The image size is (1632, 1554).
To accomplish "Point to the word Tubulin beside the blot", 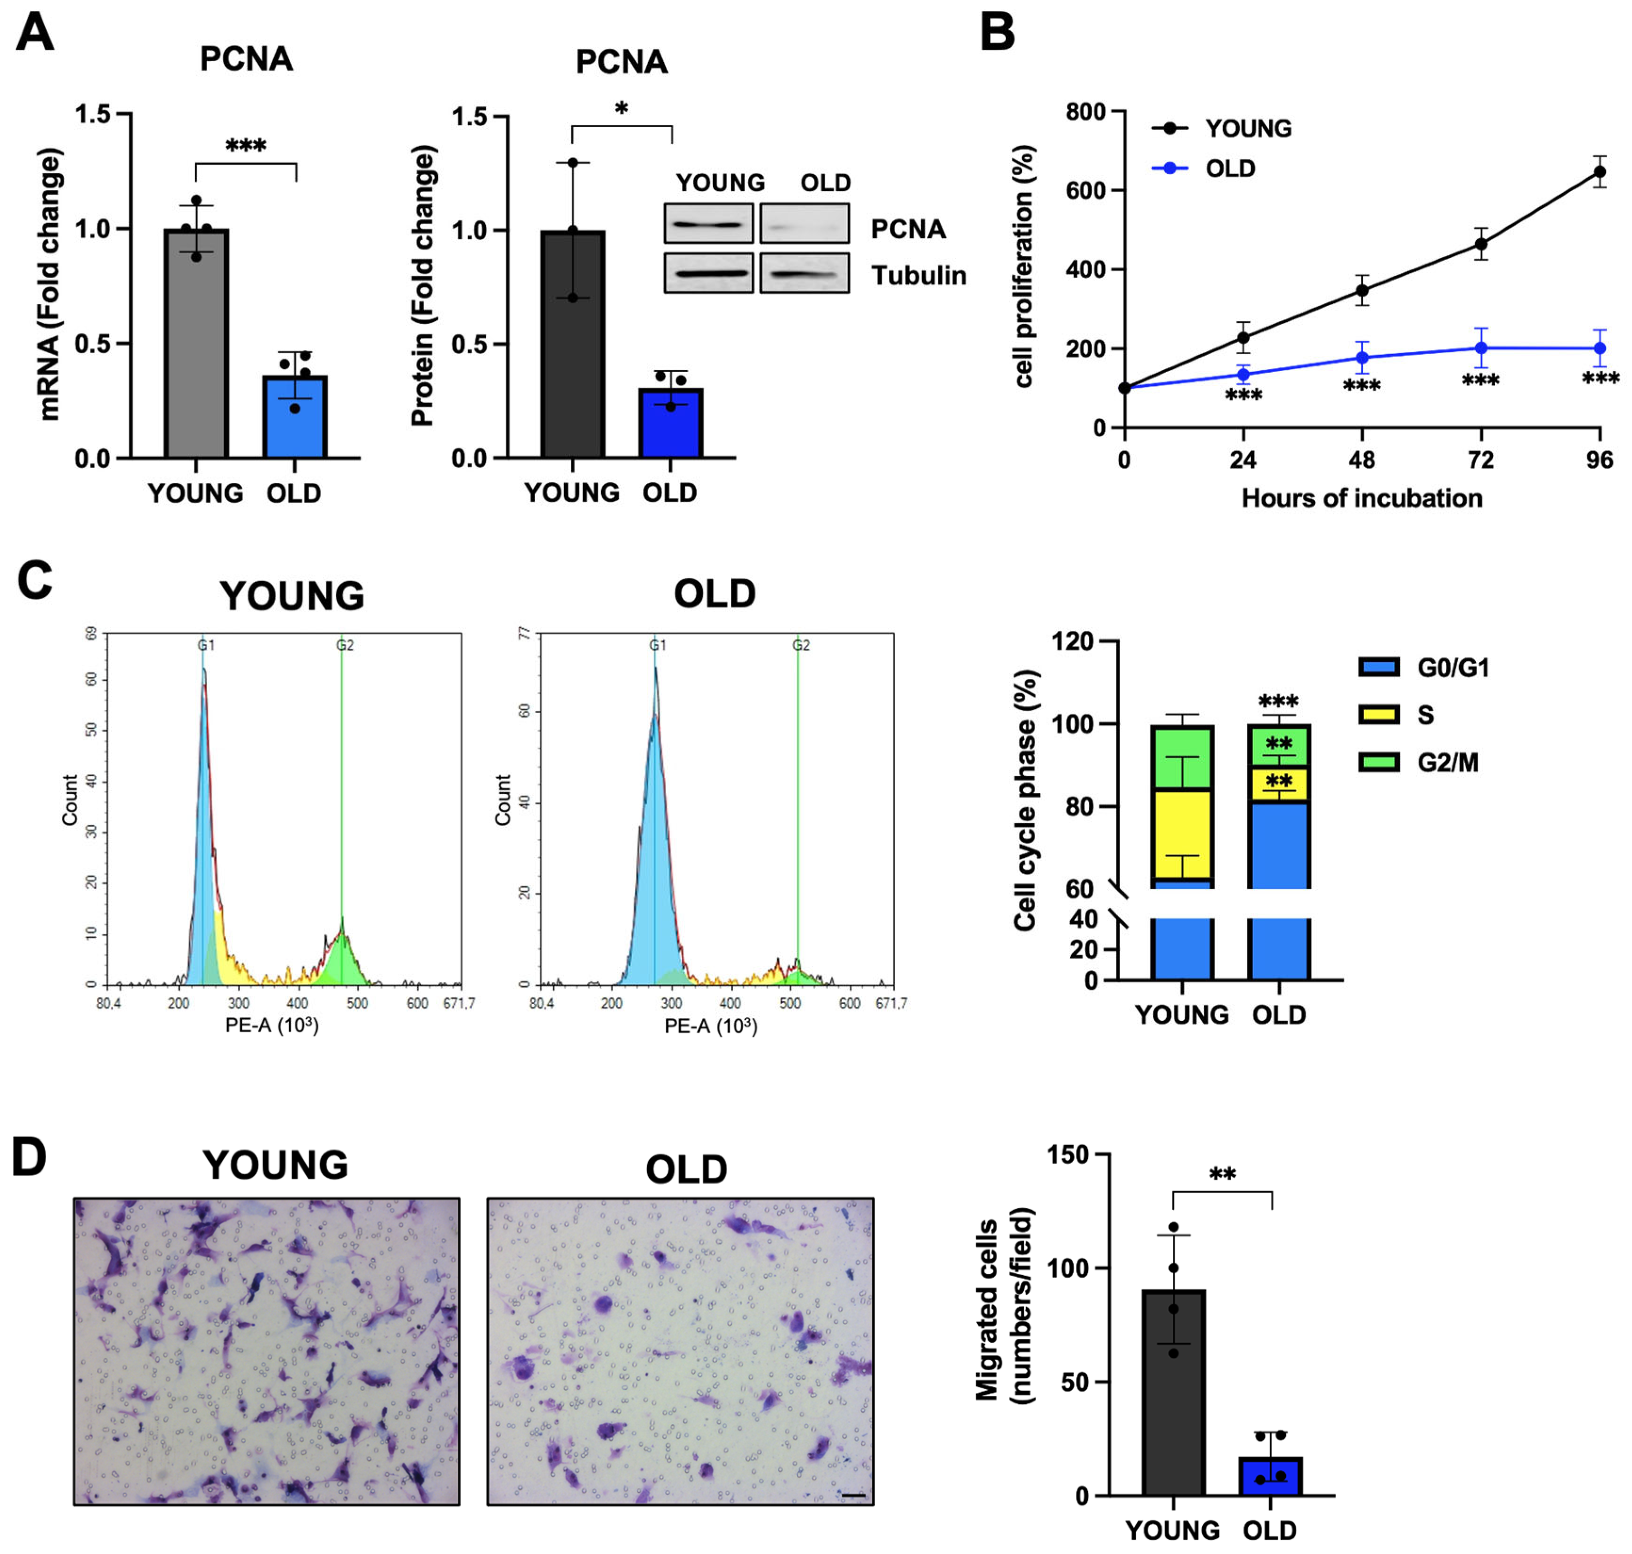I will pyautogui.click(x=918, y=275).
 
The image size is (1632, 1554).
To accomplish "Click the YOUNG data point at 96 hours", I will pyautogui.click(x=1600, y=172).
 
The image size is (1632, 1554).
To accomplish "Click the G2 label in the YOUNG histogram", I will pyautogui.click(x=345, y=645).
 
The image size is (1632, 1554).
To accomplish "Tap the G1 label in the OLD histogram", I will pyautogui.click(x=657, y=645).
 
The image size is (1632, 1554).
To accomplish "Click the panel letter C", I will pyautogui.click(x=35, y=581).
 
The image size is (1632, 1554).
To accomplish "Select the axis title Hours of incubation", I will pyautogui.click(x=1361, y=499).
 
